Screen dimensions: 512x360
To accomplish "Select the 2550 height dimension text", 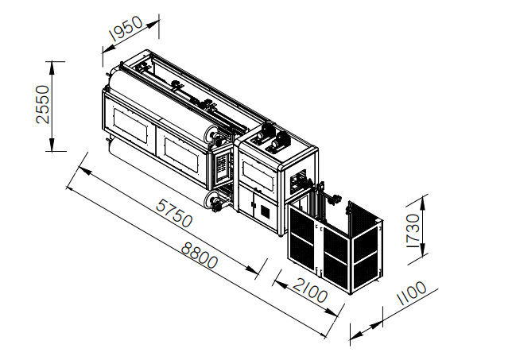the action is pos(42,104).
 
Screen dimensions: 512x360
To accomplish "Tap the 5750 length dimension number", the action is pos(174,214).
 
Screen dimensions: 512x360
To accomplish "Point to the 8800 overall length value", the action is pos(200,255).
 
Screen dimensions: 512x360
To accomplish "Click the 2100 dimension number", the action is pos(310,290).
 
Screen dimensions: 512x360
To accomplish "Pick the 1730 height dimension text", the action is pos(413,230).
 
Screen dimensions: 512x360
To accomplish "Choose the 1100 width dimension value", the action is pos(412,292).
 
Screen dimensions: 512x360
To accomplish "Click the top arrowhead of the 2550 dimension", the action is pos(52,68).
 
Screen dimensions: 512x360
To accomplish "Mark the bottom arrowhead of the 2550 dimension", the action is pos(52,145).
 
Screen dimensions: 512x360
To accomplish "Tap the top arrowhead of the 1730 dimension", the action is pos(422,203).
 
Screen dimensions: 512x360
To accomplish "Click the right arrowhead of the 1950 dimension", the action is pos(153,24).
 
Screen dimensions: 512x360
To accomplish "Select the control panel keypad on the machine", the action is pos(222,165).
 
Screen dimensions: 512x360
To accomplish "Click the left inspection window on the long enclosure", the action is pos(130,125).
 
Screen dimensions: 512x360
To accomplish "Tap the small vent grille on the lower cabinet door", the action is pos(266,212).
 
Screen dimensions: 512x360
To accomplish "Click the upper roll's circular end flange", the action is pos(211,135).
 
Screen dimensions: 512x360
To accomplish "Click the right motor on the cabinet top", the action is pos(281,141).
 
